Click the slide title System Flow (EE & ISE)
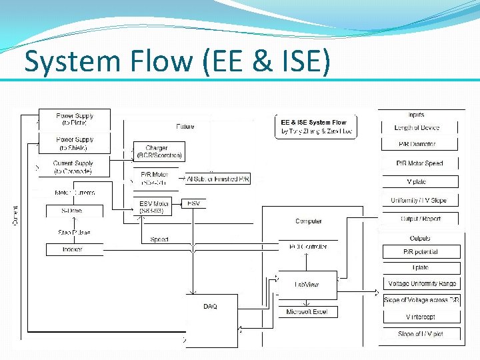(177, 61)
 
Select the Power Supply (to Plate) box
(75, 119)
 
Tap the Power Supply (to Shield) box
(75, 143)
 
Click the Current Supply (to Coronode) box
(73, 167)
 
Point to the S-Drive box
(72, 211)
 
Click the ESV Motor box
(155, 207)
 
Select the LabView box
(307, 284)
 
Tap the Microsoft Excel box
(307, 311)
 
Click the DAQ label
(210, 307)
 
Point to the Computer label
(308, 221)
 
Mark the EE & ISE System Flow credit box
(315, 127)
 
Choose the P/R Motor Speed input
(419, 163)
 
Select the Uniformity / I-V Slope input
(419, 200)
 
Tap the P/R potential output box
(421, 252)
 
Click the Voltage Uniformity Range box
(422, 284)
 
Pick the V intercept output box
(420, 317)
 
